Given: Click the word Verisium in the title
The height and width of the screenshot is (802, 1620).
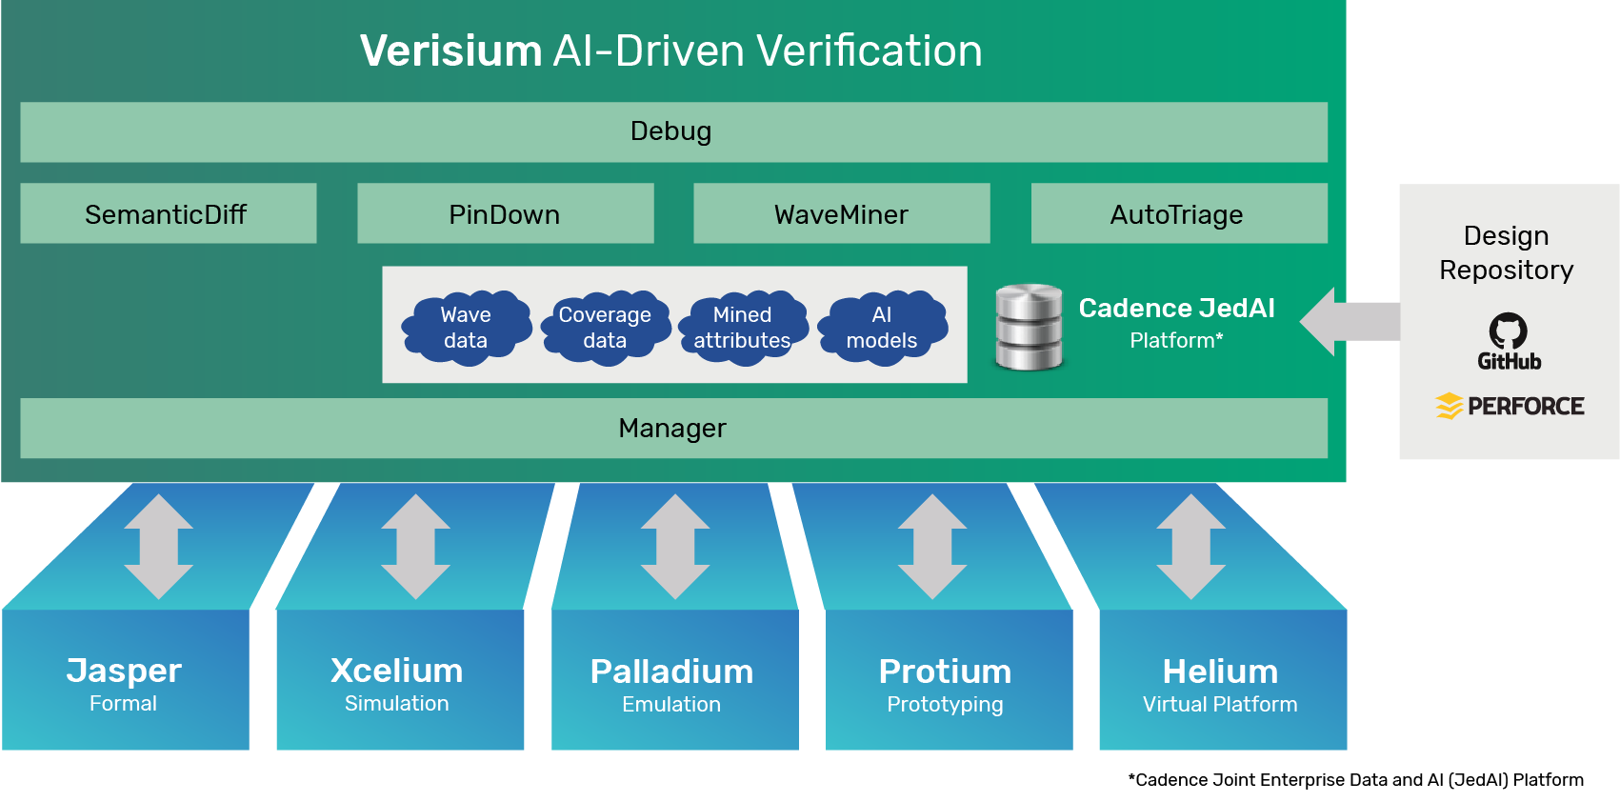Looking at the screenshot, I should pyautogui.click(x=451, y=50).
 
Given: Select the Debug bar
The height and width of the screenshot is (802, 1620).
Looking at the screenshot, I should pyautogui.click(x=672, y=131).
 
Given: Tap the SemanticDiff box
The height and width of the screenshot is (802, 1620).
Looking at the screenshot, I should pyautogui.click(x=168, y=213).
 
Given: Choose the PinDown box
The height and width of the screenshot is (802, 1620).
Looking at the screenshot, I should pyautogui.click(x=505, y=213).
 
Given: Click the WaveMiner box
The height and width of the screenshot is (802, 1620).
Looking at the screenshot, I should pyautogui.click(x=841, y=213).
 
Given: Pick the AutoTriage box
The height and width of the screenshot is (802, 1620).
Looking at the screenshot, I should pyautogui.click(x=1178, y=213).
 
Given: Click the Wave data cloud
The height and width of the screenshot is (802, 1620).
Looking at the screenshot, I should pyautogui.click(x=466, y=327).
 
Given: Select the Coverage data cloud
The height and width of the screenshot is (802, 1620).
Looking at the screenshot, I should pyautogui.click(x=605, y=327).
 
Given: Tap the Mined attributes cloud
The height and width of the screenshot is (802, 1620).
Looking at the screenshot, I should pyautogui.click(x=743, y=327).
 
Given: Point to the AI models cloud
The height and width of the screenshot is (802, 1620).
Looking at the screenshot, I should pyautogui.click(x=882, y=327).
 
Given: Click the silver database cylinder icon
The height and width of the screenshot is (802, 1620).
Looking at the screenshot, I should pyautogui.click(x=1029, y=326).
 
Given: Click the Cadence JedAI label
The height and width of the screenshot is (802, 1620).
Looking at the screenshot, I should pyautogui.click(x=1176, y=309).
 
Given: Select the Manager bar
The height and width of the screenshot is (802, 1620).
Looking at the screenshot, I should pyautogui.click(x=672, y=428).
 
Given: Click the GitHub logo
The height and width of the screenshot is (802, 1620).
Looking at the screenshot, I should pyautogui.click(x=1509, y=341).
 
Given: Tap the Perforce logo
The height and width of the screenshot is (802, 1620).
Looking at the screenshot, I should pyautogui.click(x=1510, y=406).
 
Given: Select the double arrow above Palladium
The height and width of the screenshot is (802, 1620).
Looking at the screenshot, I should pyautogui.click(x=675, y=546).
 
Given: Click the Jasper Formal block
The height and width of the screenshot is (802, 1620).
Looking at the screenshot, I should pyautogui.click(x=125, y=680).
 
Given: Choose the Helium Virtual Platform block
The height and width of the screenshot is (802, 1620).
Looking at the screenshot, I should pyautogui.click(x=1222, y=680).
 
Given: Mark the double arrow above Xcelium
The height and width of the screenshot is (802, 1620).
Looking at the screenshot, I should pyautogui.click(x=416, y=546).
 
